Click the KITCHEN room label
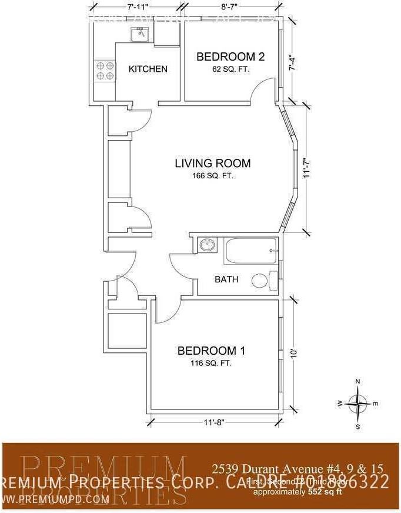[x=148, y=69]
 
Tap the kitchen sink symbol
[x=141, y=34]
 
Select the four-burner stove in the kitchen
[x=105, y=71]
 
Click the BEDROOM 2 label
[x=230, y=57]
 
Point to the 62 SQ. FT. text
[x=230, y=69]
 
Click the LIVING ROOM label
[x=212, y=164]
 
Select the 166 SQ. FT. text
[x=212, y=176]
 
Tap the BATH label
[x=226, y=279]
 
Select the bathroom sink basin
[x=206, y=245]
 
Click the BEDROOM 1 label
[x=211, y=351]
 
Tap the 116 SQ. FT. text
[x=211, y=363]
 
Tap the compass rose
[x=357, y=404]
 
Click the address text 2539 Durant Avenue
[x=297, y=469]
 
